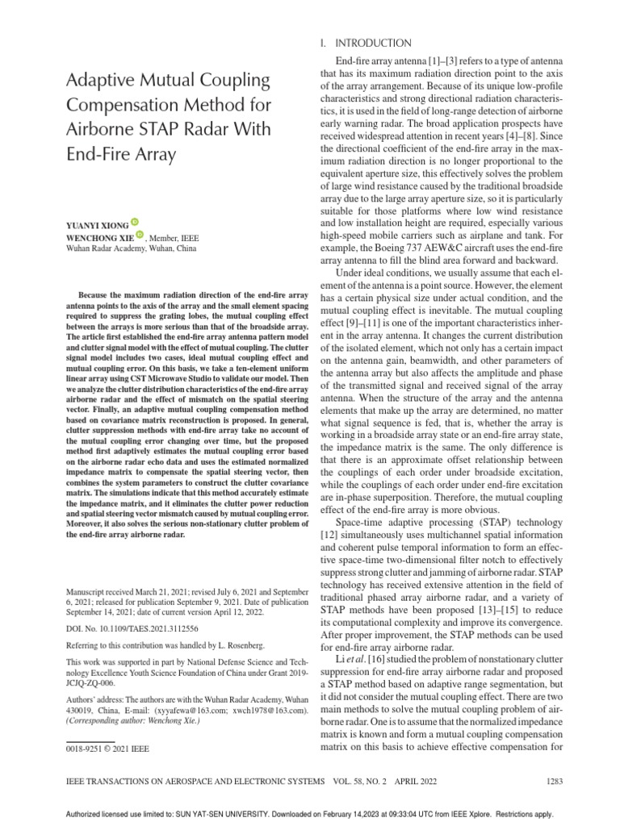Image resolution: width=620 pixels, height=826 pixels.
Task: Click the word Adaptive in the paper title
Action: (x=102, y=81)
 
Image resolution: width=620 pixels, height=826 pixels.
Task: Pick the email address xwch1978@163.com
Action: (x=267, y=710)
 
